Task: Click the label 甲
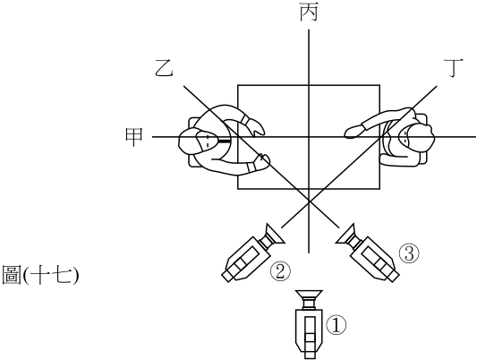134,137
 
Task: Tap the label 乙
164,68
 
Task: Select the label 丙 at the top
309,12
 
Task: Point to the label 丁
454,68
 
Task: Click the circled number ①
336,325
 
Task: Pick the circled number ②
280,271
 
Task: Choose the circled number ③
409,253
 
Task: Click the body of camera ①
309,331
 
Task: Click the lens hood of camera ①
309,295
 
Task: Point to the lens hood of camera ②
275,235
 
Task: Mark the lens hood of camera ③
345,235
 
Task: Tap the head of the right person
415,138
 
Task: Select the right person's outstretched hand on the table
353,132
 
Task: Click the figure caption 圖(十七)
40,275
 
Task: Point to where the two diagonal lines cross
309,201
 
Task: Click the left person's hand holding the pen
262,161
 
